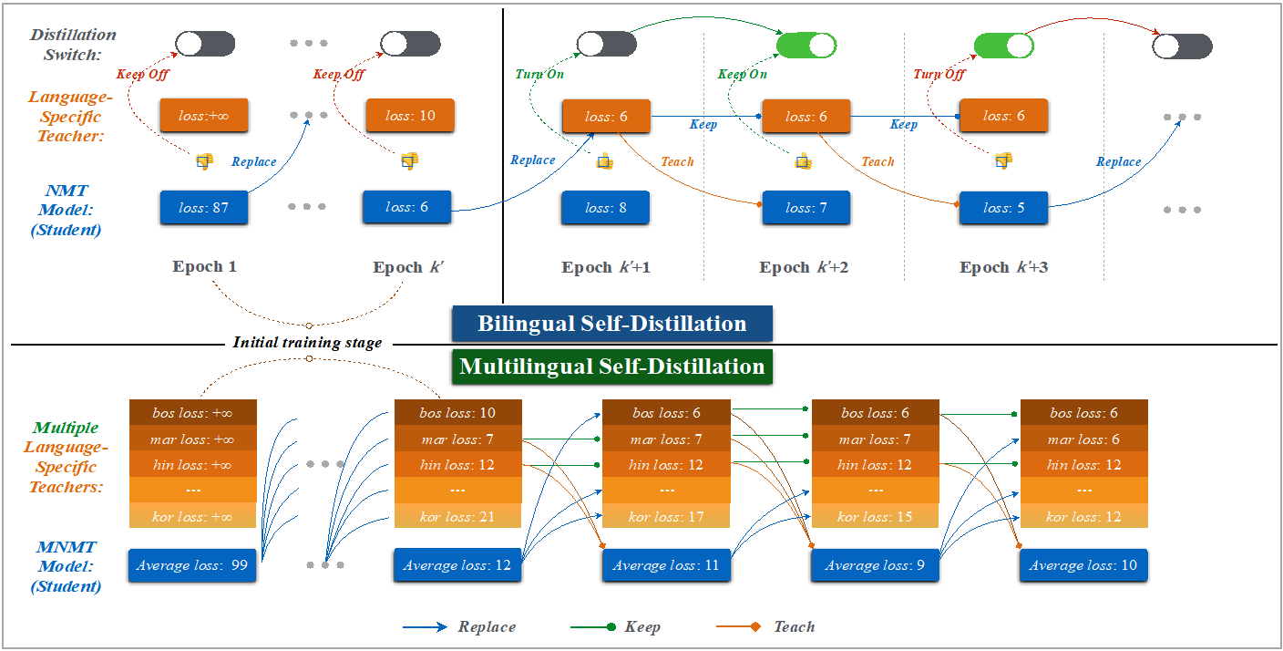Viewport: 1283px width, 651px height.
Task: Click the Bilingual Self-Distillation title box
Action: pyautogui.click(x=612, y=324)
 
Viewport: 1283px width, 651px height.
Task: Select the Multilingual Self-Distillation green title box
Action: pyautogui.click(x=611, y=367)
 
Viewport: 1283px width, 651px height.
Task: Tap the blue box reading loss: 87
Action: pyautogui.click(x=204, y=208)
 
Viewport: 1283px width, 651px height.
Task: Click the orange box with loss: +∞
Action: pyautogui.click(x=204, y=116)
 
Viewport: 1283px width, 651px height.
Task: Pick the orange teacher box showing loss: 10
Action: pyautogui.click(x=409, y=116)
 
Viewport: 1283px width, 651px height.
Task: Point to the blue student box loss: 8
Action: pyautogui.click(x=605, y=208)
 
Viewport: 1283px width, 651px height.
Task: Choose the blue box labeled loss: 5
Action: pyautogui.click(x=1002, y=208)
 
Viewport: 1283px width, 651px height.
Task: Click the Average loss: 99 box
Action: pyautogui.click(x=192, y=565)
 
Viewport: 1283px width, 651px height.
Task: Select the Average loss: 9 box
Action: pyautogui.click(x=875, y=565)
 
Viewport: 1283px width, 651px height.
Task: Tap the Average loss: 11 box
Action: pyautogui.click(x=666, y=565)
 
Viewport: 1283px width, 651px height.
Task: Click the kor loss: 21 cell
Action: pyautogui.click(x=457, y=517)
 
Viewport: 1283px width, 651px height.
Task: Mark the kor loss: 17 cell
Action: pyautogui.click(x=666, y=517)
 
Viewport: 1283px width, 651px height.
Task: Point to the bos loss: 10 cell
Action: pyautogui.click(x=457, y=413)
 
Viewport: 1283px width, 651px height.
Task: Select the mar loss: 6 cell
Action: pyautogui.click(x=1083, y=439)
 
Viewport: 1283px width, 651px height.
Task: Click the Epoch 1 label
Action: pyautogui.click(x=204, y=267)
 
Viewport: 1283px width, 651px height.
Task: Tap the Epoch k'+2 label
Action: pyautogui.click(x=804, y=268)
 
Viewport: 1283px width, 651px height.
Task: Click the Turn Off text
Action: pyautogui.click(x=939, y=74)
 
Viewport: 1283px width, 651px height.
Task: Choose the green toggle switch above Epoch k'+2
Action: pyautogui.click(x=806, y=45)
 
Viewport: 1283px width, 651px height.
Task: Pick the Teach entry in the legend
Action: pyautogui.click(x=794, y=626)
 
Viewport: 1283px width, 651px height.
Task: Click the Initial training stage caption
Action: pyautogui.click(x=307, y=343)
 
